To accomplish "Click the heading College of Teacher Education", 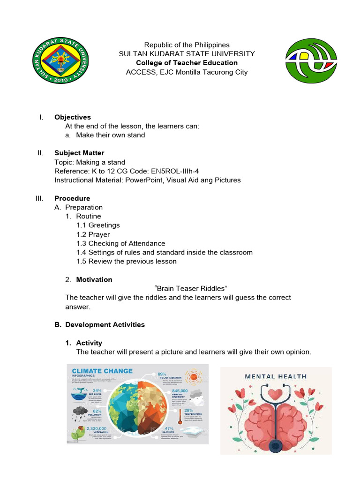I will click(187, 63).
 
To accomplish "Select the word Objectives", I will click(73, 117).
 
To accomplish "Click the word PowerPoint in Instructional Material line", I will click(145, 180).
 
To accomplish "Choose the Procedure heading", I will click(72, 198).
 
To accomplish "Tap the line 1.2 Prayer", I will click(93, 234).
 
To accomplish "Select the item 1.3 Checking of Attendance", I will click(121, 243).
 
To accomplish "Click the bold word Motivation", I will click(94, 279).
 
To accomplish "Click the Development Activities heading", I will click(105, 324).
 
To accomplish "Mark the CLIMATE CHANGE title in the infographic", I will click(102, 371).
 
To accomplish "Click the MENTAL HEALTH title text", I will click(276, 376).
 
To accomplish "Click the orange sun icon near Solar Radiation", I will click(193, 376).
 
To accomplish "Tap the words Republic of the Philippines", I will click(187, 45).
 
